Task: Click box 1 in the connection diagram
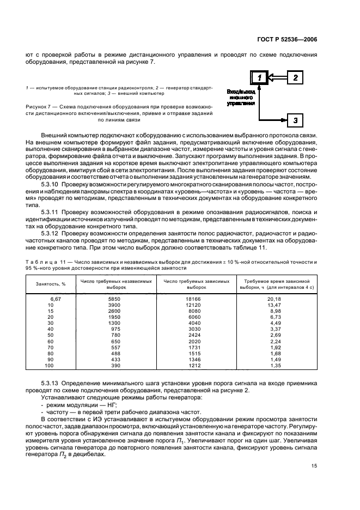[260, 78]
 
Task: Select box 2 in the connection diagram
[295, 78]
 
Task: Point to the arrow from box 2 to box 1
[278, 78]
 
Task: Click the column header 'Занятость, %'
[51, 284]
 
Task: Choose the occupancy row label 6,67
[54, 299]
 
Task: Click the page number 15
[314, 465]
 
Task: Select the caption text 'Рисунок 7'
[38, 106]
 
